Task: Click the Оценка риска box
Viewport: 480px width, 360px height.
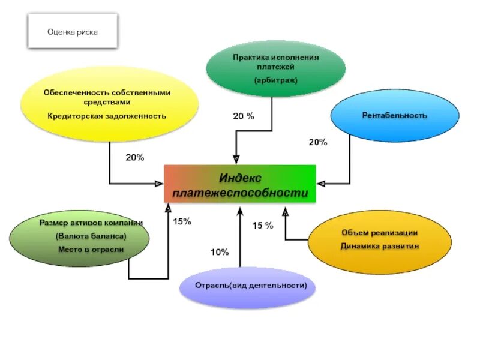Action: click(73, 31)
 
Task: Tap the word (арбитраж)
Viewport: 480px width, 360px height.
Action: click(275, 80)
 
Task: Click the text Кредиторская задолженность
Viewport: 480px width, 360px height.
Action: click(107, 116)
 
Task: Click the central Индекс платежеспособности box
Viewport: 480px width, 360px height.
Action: click(239, 184)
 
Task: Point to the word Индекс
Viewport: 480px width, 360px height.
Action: click(240, 177)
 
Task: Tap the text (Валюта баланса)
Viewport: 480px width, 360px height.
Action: click(91, 235)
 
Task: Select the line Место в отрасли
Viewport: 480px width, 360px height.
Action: click(91, 249)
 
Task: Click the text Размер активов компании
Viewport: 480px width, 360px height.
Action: click(91, 223)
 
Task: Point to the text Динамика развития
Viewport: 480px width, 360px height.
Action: click(371, 246)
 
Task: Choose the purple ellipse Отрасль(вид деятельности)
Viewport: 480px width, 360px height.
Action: click(247, 286)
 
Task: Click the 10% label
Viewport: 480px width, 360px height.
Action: click(219, 253)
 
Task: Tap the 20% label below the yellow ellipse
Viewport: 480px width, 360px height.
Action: click(134, 157)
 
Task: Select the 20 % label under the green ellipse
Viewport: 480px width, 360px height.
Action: click(244, 116)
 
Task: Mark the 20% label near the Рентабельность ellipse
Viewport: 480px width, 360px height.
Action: click(318, 142)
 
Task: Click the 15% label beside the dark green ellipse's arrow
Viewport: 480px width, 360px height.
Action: click(182, 221)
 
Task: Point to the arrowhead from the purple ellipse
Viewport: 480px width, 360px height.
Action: click(240, 211)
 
